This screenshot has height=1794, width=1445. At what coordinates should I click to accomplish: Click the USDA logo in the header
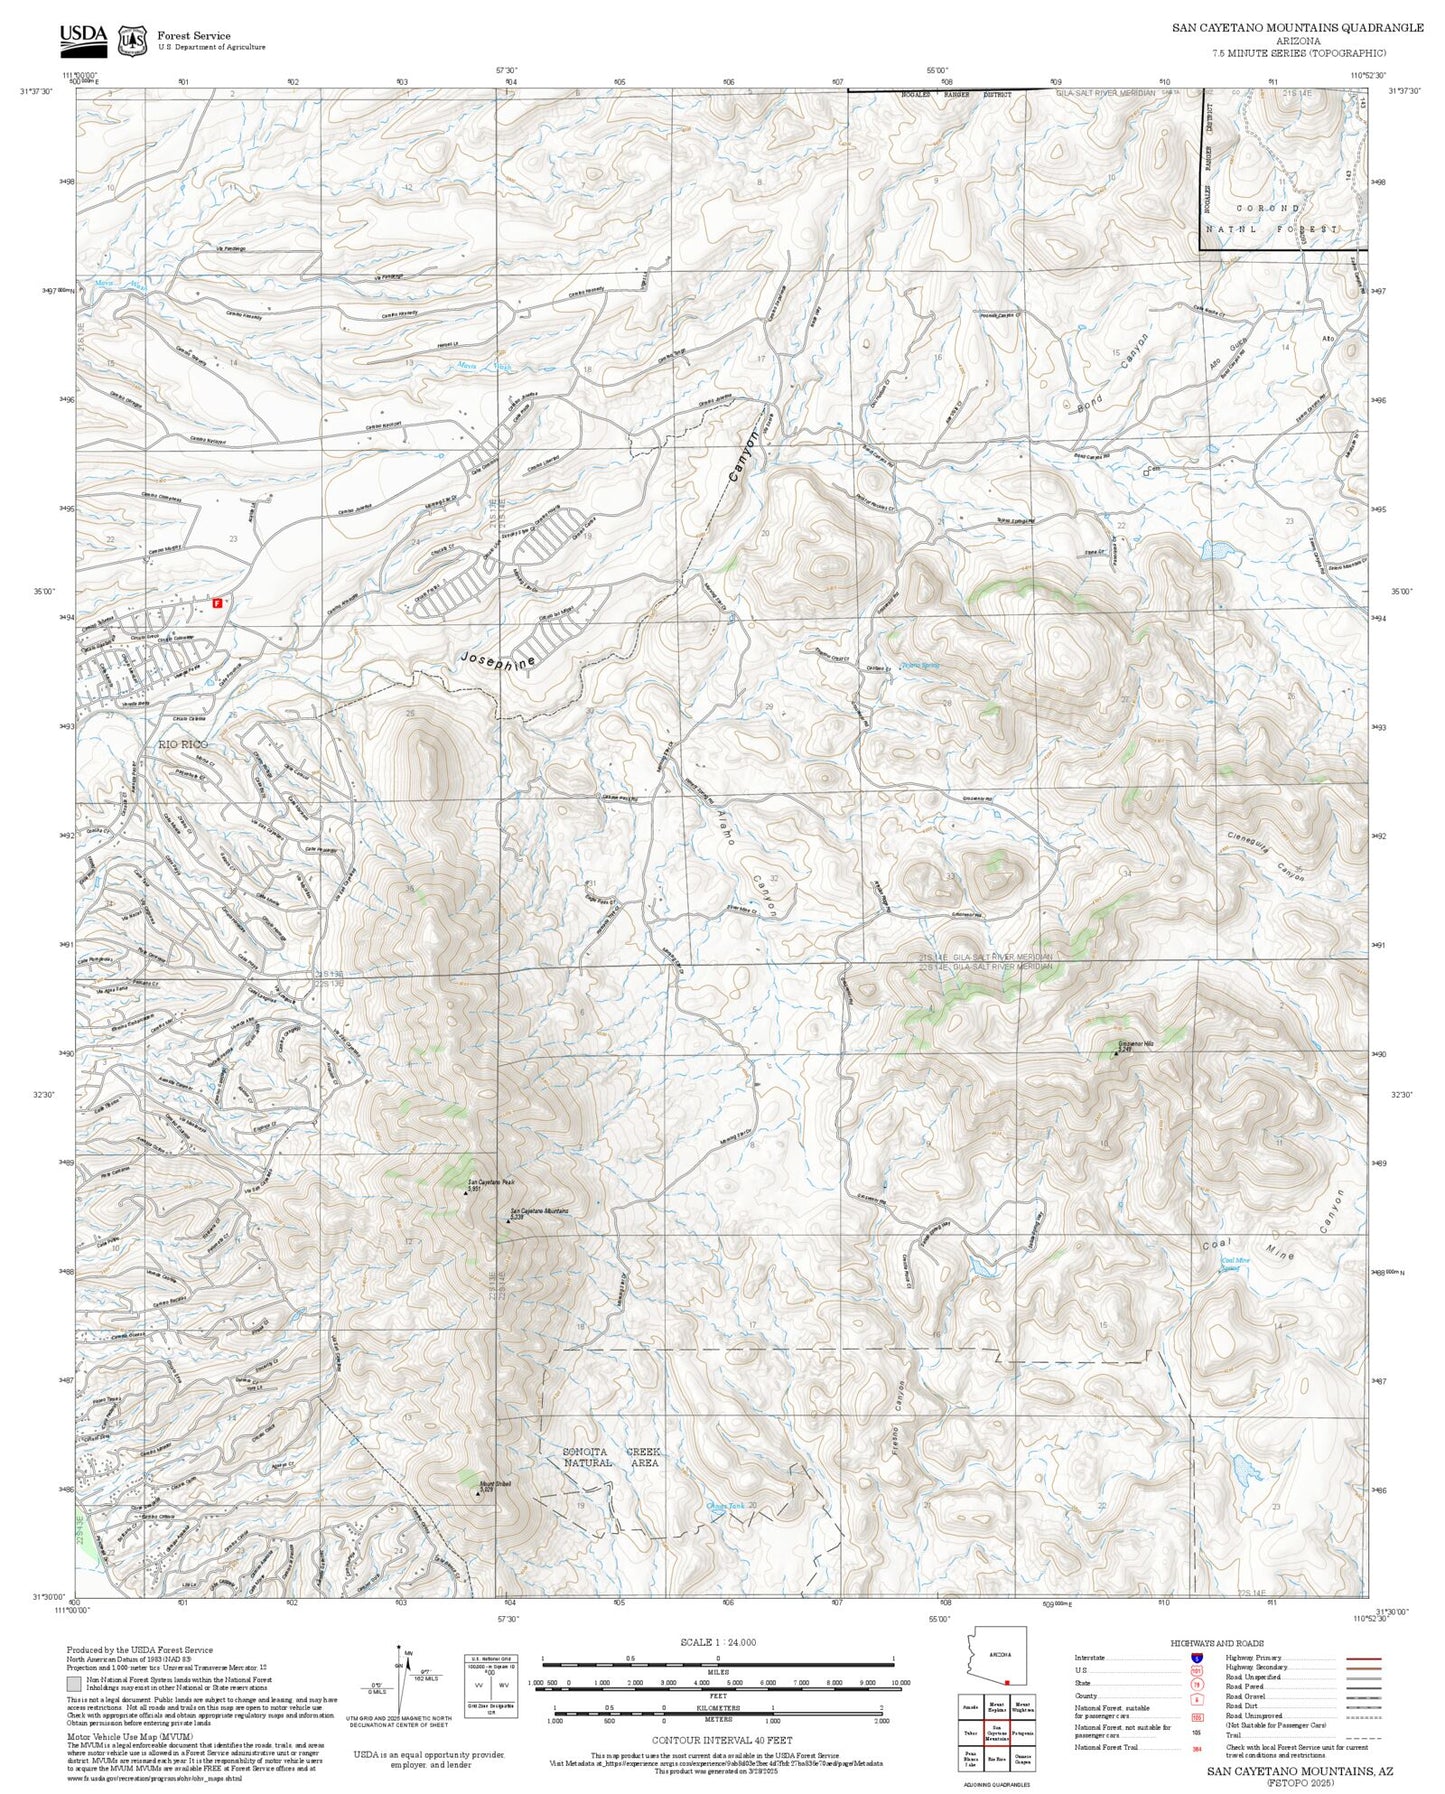coord(82,37)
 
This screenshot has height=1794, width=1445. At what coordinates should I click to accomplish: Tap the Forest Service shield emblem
coord(131,40)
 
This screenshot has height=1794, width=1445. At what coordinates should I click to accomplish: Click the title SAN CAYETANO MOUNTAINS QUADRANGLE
coord(1297,28)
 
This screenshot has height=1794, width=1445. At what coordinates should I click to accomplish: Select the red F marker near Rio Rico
coord(216,603)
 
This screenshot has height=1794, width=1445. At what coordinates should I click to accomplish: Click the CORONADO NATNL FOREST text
coord(1270,219)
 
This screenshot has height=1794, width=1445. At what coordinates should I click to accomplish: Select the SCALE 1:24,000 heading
coord(717,1642)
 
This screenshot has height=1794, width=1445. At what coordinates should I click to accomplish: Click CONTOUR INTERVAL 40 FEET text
coord(717,1740)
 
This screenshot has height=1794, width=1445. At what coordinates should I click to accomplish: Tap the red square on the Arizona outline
coord(1006,1682)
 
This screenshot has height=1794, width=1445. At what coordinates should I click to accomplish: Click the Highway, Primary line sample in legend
coord(1363,1658)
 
